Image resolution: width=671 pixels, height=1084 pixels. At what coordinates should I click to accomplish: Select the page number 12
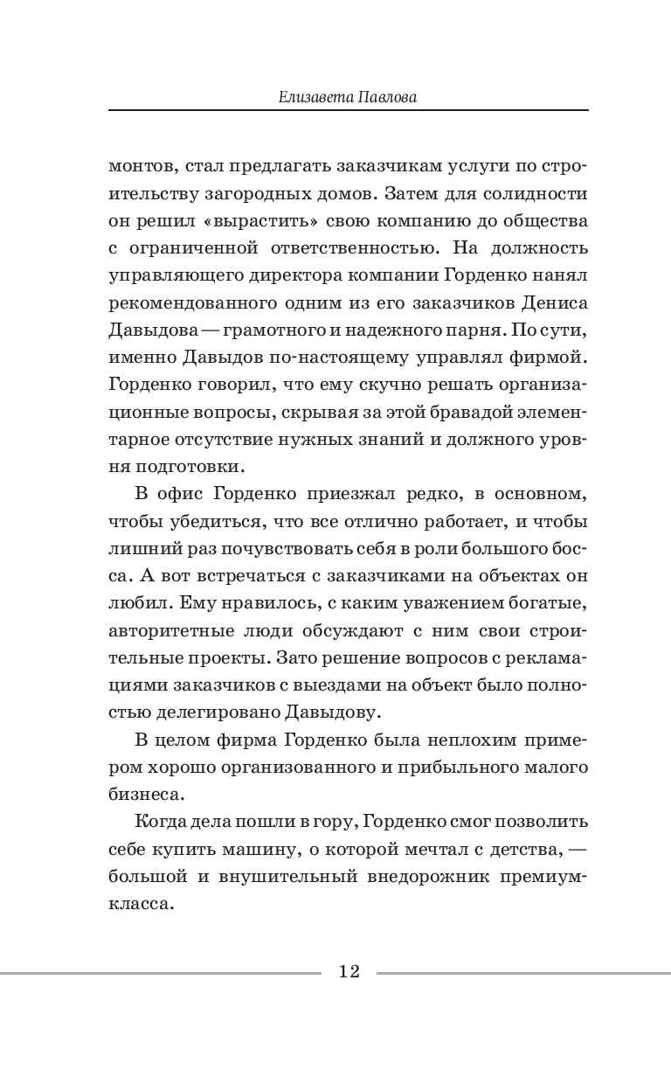(x=349, y=971)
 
